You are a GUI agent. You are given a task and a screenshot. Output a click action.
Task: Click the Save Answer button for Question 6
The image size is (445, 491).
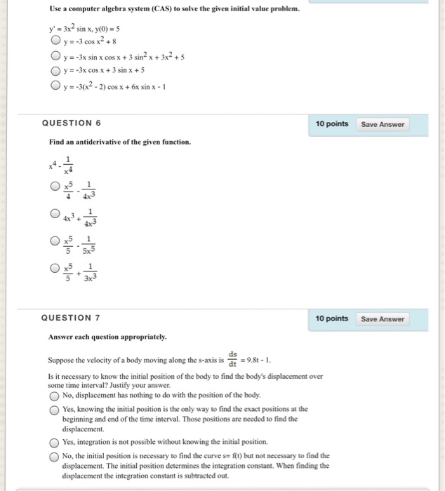[383, 124]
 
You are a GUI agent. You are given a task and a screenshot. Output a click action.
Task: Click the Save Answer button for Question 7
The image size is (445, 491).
[383, 319]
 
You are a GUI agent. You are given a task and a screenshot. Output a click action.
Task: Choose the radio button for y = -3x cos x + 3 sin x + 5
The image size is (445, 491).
[55, 70]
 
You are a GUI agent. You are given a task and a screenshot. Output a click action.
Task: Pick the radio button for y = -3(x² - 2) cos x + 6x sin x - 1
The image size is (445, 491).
[55, 86]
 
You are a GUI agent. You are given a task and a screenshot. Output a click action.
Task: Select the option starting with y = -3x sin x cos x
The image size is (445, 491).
[55, 56]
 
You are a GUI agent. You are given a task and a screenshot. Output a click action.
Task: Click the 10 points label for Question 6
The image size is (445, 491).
[331, 124]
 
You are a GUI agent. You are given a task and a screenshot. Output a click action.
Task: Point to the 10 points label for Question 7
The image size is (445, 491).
[331, 319]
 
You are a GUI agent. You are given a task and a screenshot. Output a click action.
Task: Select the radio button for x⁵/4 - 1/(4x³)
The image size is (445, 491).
[55, 187]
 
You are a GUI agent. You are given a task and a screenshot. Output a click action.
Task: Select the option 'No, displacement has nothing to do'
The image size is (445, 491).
[55, 395]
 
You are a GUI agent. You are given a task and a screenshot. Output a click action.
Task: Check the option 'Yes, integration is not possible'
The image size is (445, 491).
[55, 442]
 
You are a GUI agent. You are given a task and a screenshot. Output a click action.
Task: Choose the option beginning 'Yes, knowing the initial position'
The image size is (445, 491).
[55, 409]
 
